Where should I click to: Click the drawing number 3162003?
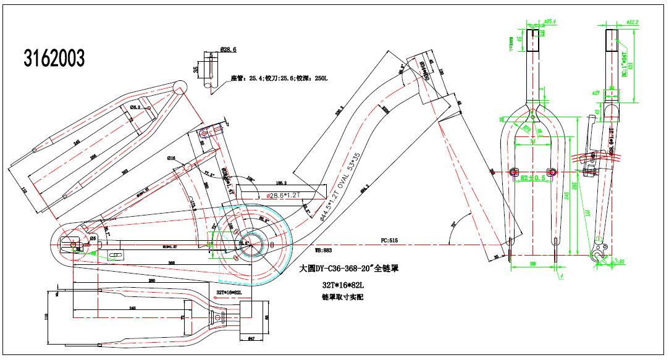(x=54, y=59)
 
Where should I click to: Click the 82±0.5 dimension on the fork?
(x=532, y=178)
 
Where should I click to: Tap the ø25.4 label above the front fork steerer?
(x=549, y=22)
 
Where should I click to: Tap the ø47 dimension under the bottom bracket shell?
(x=251, y=339)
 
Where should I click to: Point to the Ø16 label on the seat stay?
(x=172, y=158)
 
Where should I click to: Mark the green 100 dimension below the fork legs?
(x=532, y=264)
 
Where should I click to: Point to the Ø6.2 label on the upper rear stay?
(x=133, y=107)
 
